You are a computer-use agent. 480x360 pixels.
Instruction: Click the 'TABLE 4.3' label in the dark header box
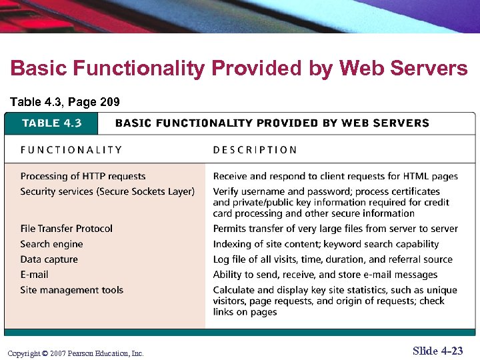52,123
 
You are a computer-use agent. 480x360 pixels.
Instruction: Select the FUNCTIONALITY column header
71,150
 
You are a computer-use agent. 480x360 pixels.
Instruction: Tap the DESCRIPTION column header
255,150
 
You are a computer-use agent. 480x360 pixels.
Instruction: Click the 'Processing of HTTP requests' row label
83,176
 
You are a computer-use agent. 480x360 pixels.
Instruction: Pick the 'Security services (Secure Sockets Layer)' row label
107,191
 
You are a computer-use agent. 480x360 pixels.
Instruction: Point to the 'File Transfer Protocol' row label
67,229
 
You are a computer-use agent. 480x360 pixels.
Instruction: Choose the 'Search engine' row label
52,244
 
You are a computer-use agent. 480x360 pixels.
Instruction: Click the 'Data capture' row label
49,259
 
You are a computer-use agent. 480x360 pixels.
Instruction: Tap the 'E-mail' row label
35,275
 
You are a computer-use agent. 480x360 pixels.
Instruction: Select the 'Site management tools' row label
72,290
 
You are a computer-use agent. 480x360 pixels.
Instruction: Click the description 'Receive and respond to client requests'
335,176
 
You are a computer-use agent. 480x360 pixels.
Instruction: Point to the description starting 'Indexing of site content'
326,244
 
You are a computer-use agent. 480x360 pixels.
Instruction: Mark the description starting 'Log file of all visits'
333,259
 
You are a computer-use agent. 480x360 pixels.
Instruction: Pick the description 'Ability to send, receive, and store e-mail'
325,275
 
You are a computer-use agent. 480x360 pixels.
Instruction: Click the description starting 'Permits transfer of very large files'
335,229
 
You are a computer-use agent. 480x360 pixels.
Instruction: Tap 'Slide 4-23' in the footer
437,351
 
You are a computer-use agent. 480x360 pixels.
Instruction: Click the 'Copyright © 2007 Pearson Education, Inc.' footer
75,353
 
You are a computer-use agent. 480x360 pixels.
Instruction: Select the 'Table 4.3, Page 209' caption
65,102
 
